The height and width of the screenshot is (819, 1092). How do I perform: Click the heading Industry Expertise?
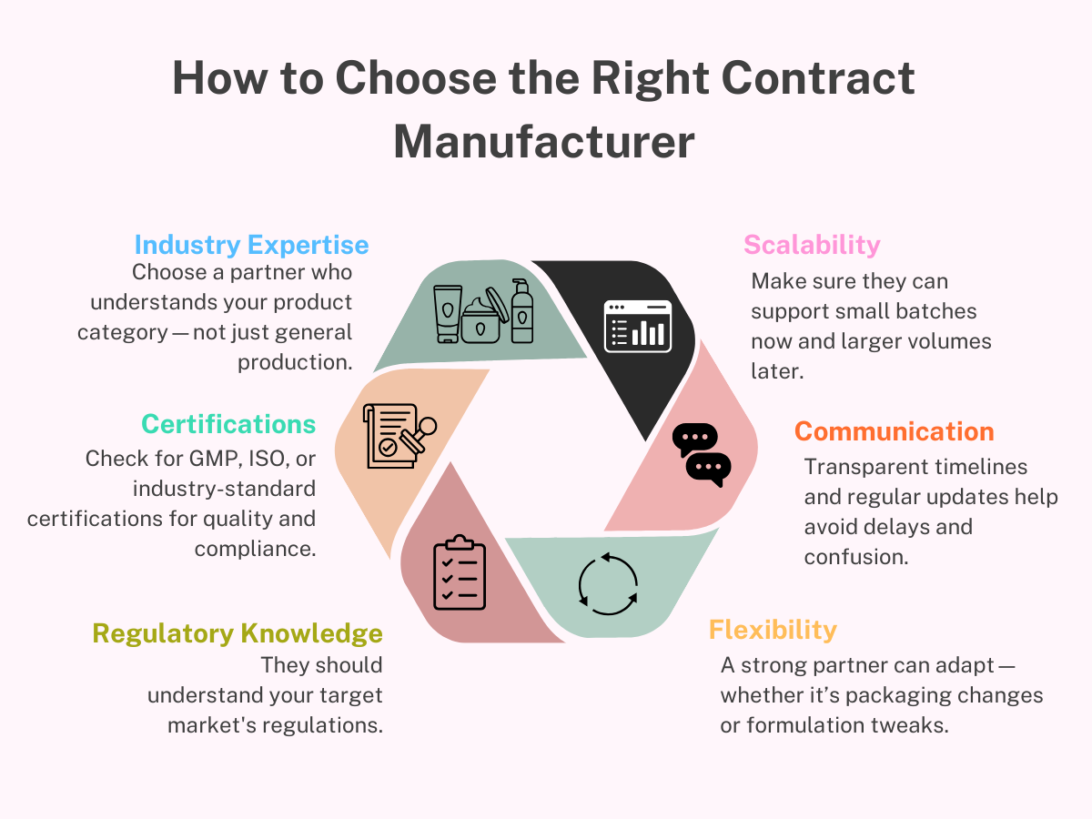pos(251,245)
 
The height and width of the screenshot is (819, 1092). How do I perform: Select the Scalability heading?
pos(812,245)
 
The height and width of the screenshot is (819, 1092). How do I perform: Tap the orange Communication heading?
pos(894,431)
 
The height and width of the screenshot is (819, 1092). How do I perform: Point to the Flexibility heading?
pos(773,630)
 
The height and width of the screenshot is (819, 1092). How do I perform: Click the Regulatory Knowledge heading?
pos(238,633)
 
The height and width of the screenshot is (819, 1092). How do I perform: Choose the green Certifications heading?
pos(228,424)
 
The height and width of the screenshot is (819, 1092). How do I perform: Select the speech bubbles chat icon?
pos(702,454)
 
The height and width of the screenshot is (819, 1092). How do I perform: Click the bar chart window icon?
pos(637,326)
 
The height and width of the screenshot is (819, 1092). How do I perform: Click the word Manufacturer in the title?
pos(544,143)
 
